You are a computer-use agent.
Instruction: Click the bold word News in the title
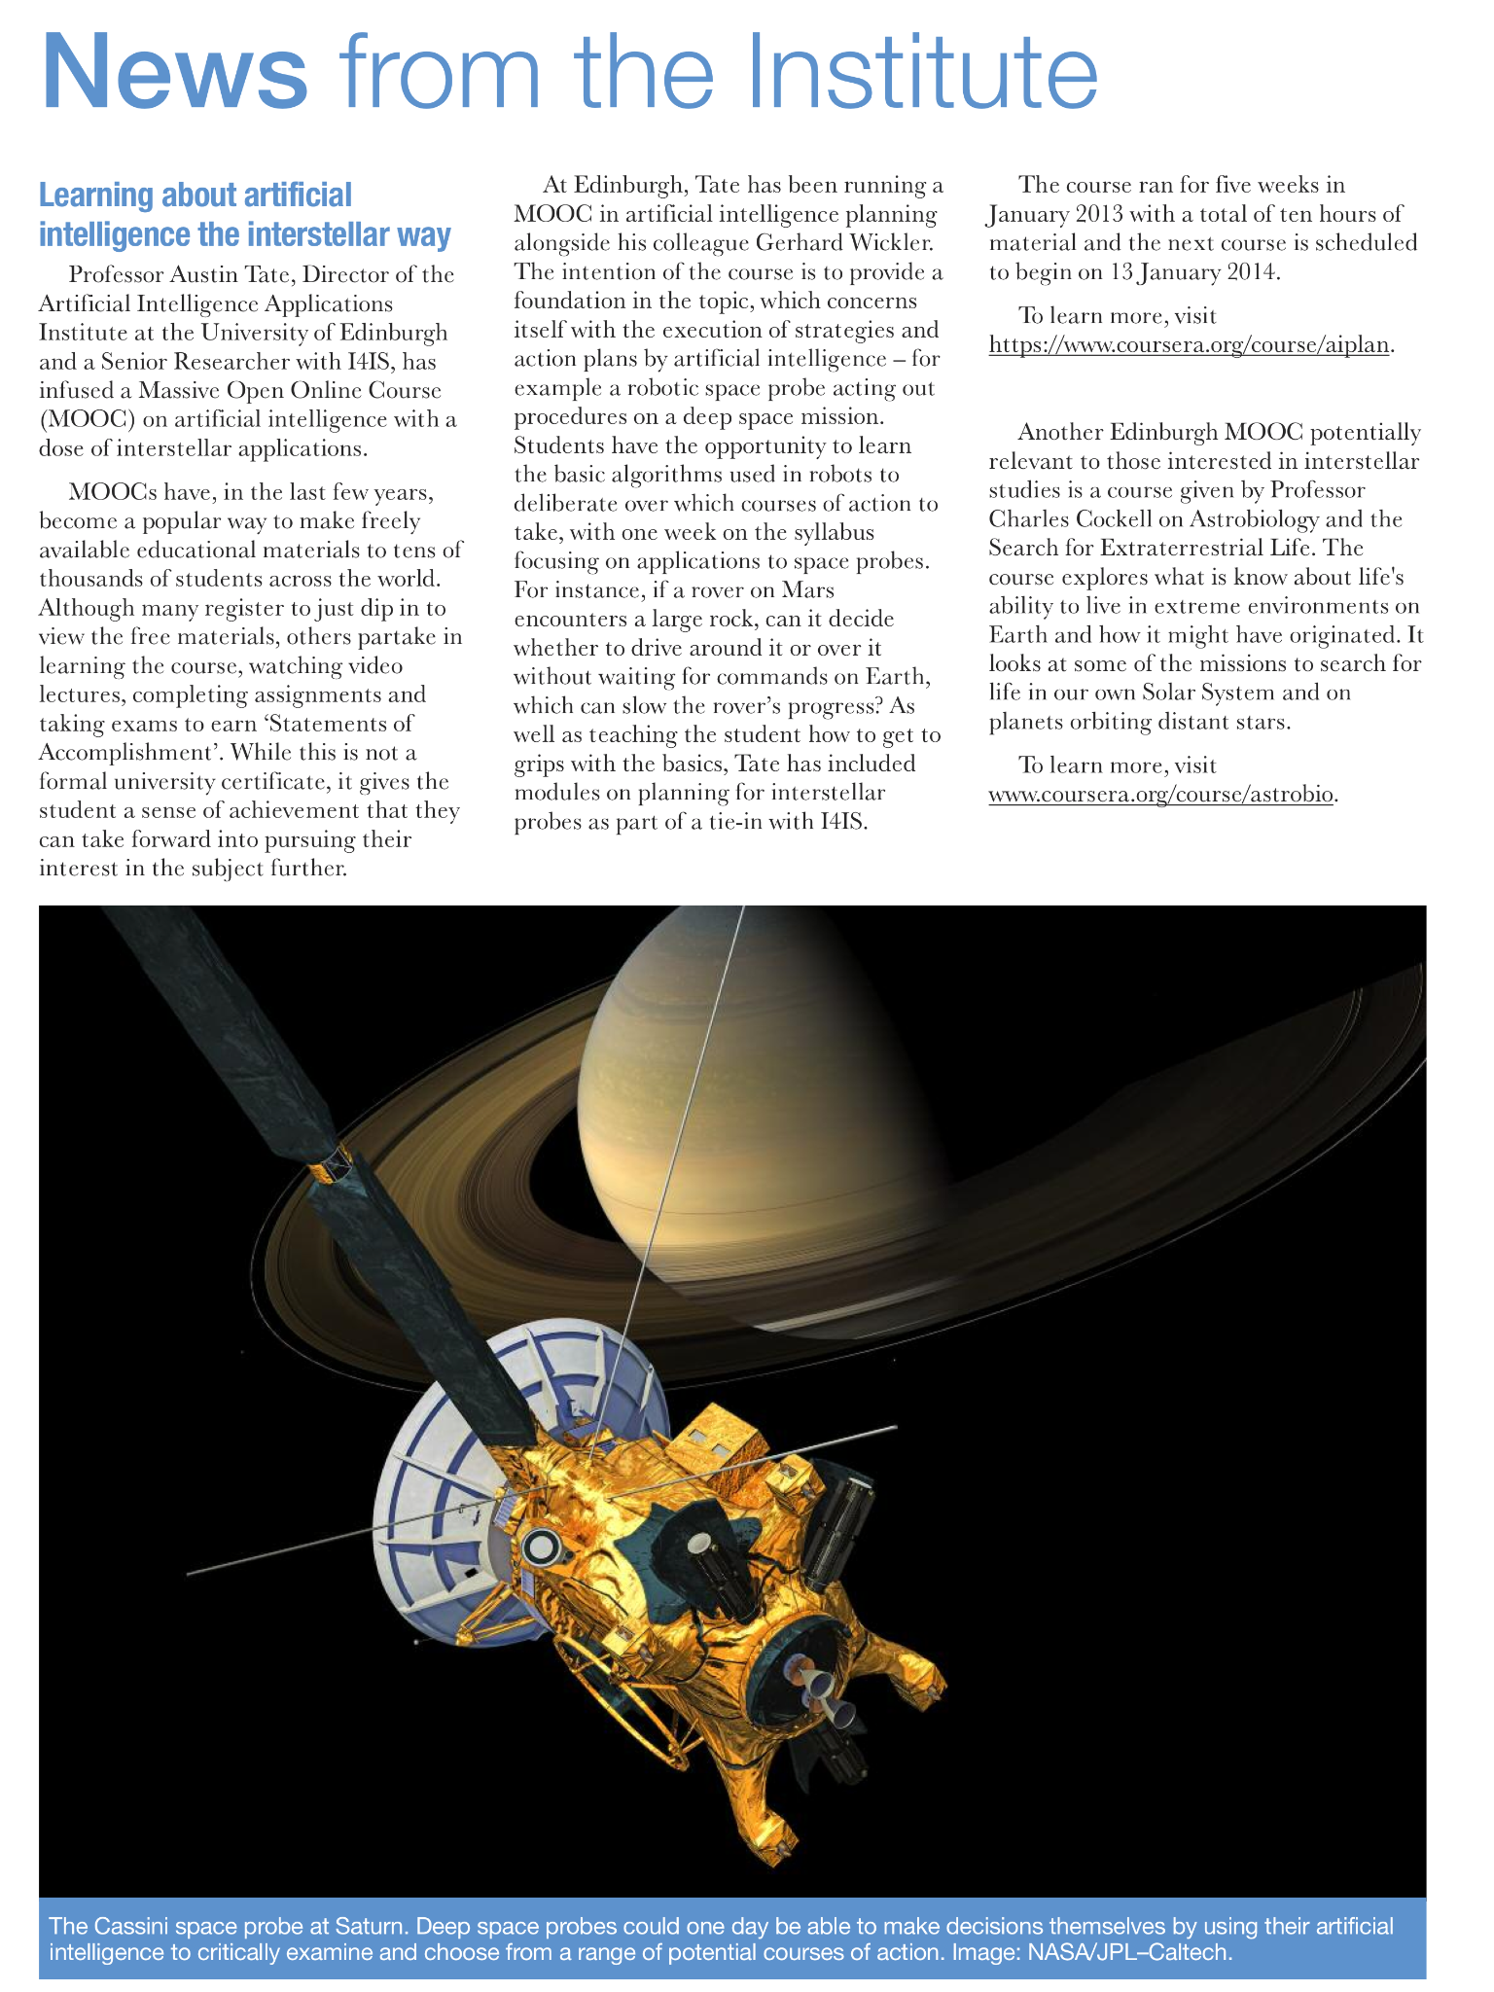pyautogui.click(x=175, y=74)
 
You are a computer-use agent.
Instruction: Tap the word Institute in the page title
pyautogui.click(x=915, y=74)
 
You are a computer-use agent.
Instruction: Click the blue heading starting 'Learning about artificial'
pyautogui.click(x=244, y=215)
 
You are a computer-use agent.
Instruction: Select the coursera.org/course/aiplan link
pyautogui.click(x=1189, y=345)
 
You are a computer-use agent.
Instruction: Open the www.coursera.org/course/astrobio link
pyautogui.click(x=1160, y=795)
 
